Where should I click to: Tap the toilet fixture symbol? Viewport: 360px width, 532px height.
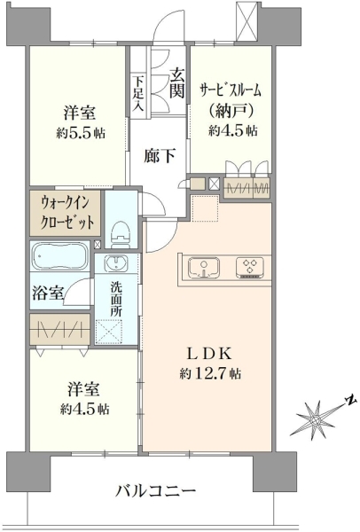tap(121, 234)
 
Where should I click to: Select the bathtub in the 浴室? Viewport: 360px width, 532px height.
tap(59, 256)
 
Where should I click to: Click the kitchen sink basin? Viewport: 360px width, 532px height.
tap(204, 268)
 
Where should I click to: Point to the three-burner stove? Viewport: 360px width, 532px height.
tap(250, 268)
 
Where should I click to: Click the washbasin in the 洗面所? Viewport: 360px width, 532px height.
tap(116, 263)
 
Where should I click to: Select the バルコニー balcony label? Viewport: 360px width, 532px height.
tap(156, 491)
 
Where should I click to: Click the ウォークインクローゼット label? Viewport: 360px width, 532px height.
tap(67, 213)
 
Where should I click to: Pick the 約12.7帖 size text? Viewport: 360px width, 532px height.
tap(210, 373)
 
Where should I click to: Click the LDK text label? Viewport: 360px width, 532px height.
tap(210, 354)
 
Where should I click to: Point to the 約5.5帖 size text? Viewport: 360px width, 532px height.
tap(81, 133)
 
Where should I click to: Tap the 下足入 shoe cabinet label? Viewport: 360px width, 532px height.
tap(138, 94)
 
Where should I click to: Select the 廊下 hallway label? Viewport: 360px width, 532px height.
tap(160, 156)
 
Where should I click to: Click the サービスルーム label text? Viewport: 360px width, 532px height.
tap(231, 90)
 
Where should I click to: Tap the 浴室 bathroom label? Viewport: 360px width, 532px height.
tap(48, 293)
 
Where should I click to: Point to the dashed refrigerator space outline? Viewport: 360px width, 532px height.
tap(205, 208)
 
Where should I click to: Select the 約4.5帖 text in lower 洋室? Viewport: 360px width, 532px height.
tap(85, 410)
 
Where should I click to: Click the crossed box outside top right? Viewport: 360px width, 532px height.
tap(247, 21)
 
